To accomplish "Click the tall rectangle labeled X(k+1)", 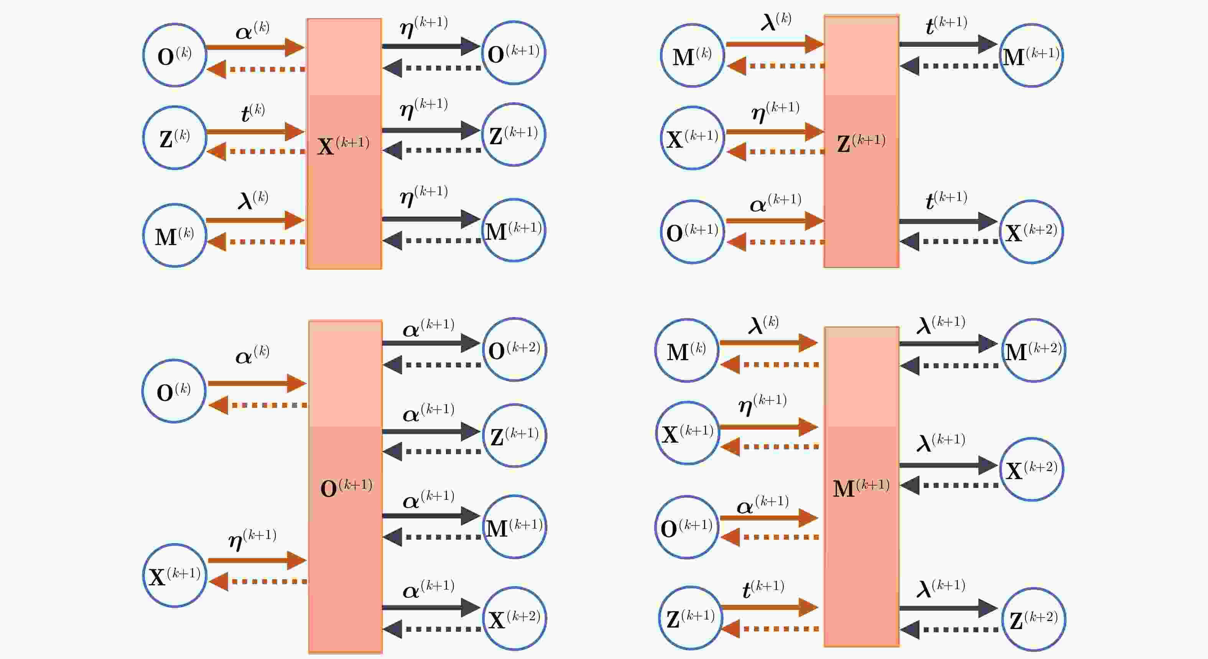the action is coord(344,143).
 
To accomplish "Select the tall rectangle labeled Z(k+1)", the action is coord(861,141).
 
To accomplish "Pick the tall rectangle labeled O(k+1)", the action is coord(345,486).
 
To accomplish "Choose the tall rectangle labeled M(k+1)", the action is coord(861,487).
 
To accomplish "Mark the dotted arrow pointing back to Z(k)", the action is coord(256,152).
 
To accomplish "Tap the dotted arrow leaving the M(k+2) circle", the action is coord(949,366).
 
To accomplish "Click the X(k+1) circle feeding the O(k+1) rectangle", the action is coord(174,575).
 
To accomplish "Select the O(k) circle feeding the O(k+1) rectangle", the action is coord(174,391).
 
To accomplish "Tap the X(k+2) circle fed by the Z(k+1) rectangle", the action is coord(1032,232).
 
